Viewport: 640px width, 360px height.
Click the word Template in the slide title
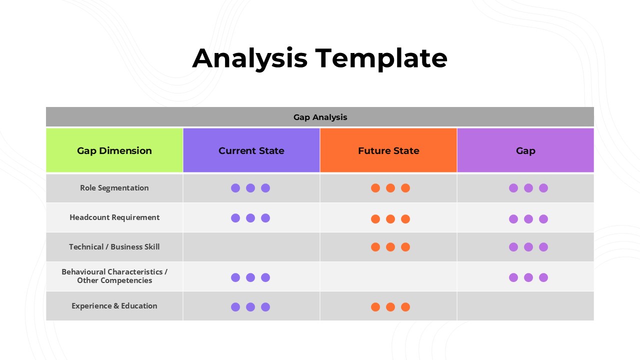(381, 58)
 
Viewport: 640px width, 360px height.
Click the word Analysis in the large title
(249, 58)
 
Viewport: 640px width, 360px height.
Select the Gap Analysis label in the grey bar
(320, 117)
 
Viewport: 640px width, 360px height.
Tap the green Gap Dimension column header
(114, 150)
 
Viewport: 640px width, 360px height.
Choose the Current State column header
(251, 150)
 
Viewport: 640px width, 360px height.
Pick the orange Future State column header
(388, 150)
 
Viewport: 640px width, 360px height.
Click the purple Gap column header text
(525, 150)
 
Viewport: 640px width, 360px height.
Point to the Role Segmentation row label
(114, 188)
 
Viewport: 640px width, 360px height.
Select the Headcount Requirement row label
(114, 217)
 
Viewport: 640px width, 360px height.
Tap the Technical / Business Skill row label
(114, 247)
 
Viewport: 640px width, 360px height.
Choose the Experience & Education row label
(114, 306)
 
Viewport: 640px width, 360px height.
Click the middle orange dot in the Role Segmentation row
(390, 188)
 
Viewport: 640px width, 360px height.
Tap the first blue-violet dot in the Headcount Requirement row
(235, 218)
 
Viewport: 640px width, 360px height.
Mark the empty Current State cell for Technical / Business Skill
(251, 247)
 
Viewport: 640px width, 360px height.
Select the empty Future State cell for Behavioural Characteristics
(388, 276)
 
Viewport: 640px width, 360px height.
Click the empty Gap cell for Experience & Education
(525, 306)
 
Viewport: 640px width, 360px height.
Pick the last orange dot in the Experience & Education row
(405, 307)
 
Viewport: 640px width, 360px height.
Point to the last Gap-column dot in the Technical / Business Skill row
(543, 247)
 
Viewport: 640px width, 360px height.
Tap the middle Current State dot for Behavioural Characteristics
(250, 277)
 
